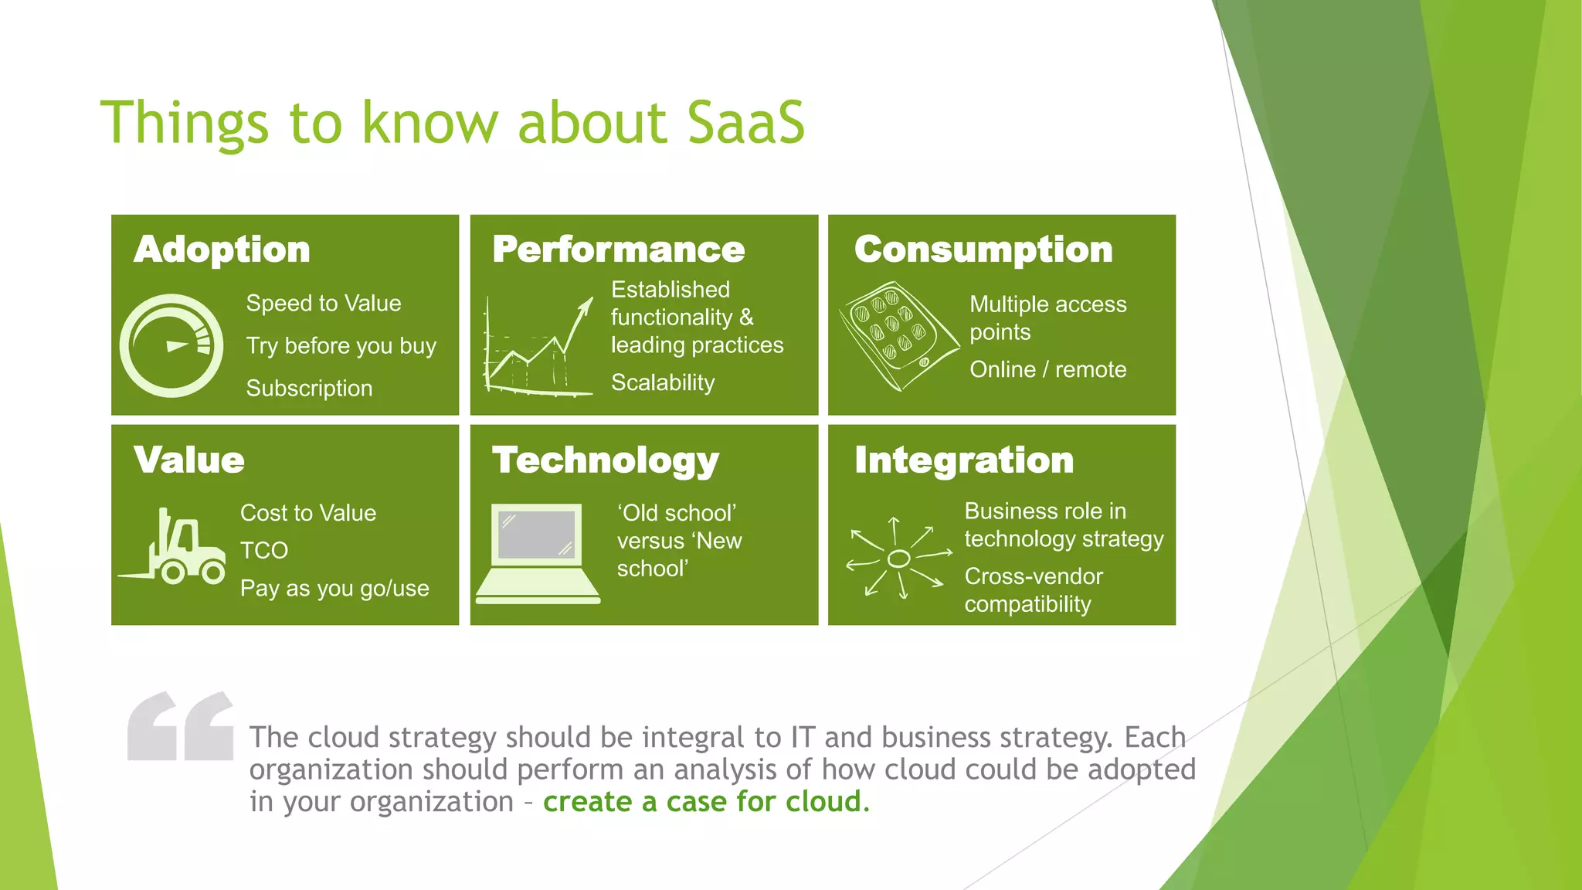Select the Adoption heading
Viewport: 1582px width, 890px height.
pos(222,250)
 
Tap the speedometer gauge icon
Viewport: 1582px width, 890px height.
pos(171,345)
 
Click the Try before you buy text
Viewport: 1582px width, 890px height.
pos(341,345)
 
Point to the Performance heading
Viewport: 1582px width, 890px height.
pos(618,250)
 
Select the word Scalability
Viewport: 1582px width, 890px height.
pos(663,382)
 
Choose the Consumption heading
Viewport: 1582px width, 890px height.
pos(983,250)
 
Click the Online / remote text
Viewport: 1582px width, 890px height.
pos(1047,369)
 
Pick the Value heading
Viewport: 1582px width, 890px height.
pos(189,460)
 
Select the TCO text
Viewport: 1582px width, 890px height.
pos(264,550)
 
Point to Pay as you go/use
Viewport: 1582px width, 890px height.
pos(334,588)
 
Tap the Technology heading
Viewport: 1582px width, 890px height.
pos(606,460)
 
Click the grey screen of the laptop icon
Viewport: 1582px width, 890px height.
pos(537,534)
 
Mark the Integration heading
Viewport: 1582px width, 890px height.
pos(964,460)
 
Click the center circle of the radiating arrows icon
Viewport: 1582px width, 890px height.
pos(898,559)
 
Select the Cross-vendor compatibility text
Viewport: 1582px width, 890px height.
pos(1033,589)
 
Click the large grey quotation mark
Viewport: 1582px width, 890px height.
pos(181,726)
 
